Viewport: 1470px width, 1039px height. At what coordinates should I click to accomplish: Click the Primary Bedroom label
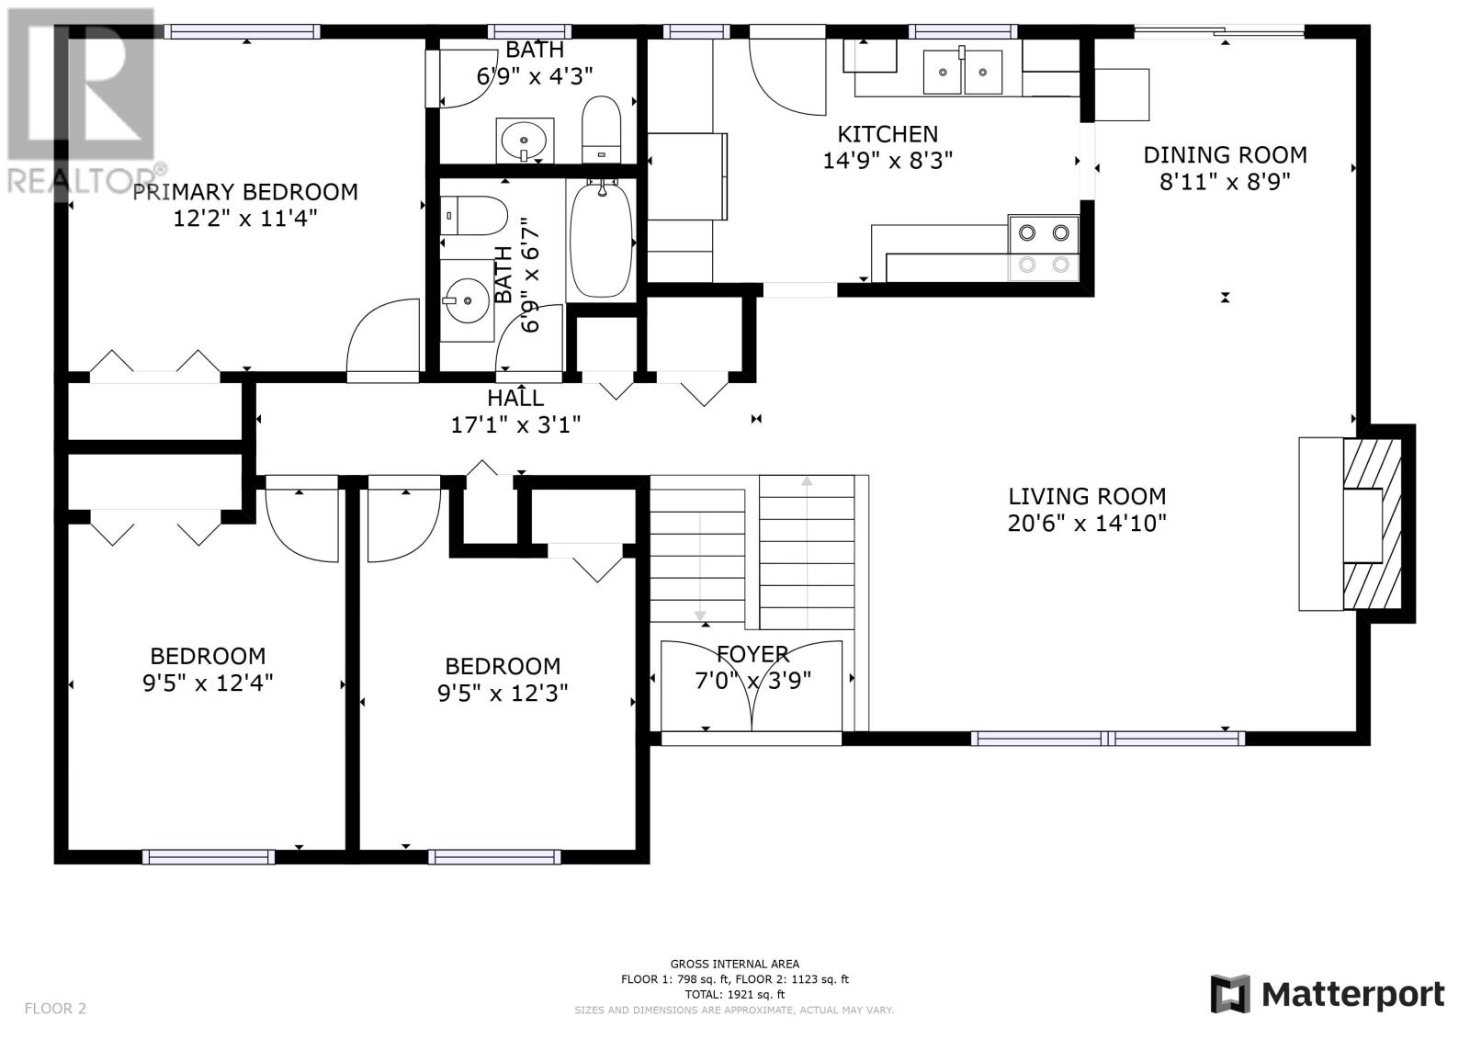pos(245,192)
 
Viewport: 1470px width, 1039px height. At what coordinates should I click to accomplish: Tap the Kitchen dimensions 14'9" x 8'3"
pos(888,160)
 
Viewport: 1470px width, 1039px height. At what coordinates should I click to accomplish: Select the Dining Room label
pos(1226,155)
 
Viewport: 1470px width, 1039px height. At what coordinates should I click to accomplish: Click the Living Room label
pos(1087,496)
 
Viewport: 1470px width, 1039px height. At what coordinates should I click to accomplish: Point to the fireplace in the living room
pos(1357,524)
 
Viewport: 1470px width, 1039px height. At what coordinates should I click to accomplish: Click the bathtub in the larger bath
pos(601,240)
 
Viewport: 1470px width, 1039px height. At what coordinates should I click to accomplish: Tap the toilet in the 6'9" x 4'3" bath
pos(601,130)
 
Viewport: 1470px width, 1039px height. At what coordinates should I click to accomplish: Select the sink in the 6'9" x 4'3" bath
pos(525,140)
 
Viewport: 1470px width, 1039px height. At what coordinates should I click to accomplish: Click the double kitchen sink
pos(963,71)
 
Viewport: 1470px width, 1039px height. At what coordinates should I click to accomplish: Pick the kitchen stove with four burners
pos(1044,248)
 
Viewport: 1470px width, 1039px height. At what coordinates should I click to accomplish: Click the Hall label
pos(515,398)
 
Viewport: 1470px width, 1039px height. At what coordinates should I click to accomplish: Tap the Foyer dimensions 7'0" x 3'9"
pos(752,680)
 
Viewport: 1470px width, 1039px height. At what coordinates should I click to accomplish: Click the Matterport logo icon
pos(1230,994)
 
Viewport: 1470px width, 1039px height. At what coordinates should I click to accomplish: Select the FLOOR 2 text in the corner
pos(55,1008)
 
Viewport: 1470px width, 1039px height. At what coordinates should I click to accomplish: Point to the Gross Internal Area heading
pos(734,964)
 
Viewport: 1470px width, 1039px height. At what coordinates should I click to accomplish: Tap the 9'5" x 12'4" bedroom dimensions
pos(208,683)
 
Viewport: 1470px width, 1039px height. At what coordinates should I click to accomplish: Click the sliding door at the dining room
pos(1218,31)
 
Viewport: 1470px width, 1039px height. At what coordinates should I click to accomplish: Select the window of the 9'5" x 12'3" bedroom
pos(494,856)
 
